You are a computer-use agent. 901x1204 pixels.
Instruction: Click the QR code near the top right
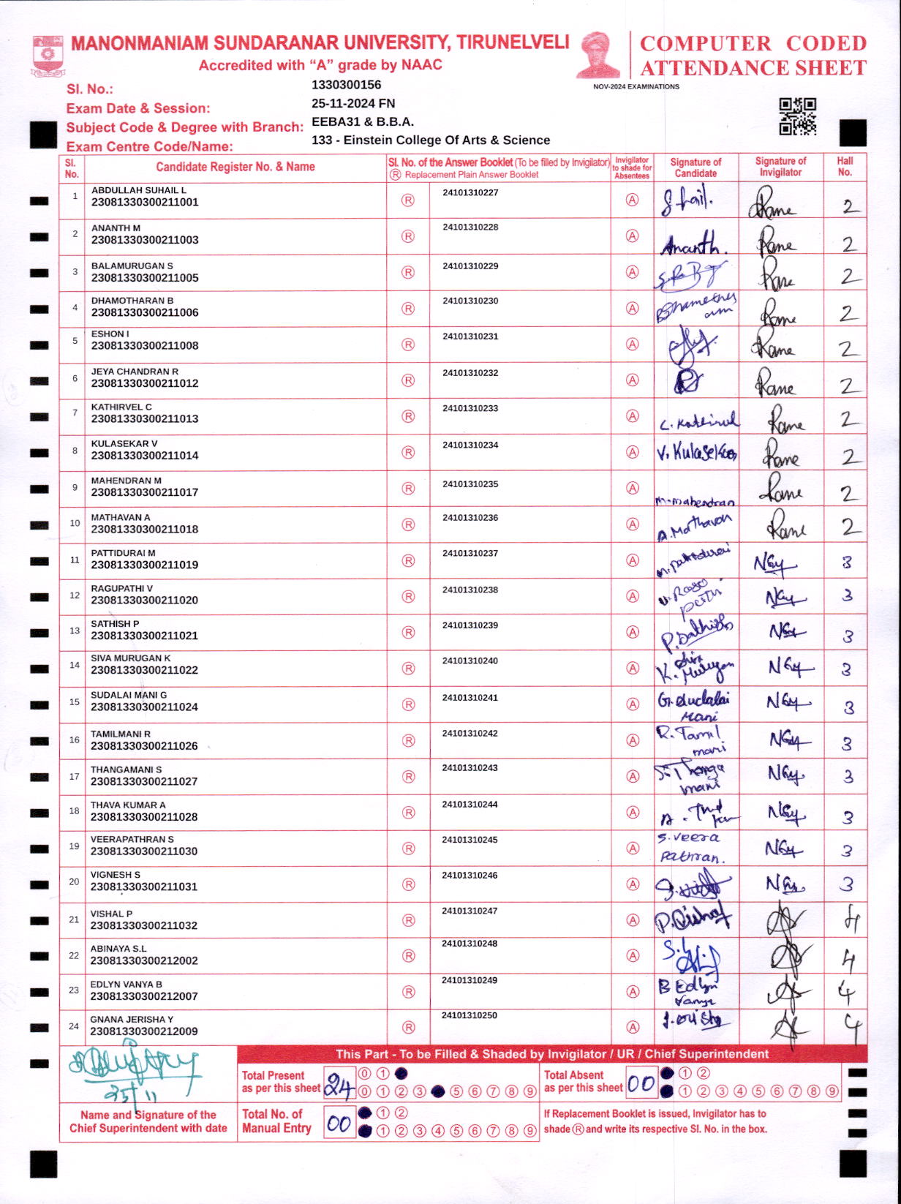(797, 117)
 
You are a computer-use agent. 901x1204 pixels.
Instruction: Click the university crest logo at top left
(48, 56)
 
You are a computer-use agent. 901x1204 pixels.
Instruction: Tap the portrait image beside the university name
(598, 55)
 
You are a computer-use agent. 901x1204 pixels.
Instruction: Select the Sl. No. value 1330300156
(346, 85)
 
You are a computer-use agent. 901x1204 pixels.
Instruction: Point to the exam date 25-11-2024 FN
(353, 103)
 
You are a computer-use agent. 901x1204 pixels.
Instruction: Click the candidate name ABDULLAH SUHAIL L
(139, 190)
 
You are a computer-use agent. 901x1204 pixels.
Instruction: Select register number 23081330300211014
(145, 456)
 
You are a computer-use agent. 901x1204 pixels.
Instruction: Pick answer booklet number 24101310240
(470, 661)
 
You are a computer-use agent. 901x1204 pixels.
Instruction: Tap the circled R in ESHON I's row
(408, 345)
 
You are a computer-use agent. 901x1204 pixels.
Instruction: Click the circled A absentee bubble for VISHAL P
(633, 920)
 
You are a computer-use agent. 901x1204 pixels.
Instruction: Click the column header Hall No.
(845, 167)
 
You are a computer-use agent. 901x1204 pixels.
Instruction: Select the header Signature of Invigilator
(780, 167)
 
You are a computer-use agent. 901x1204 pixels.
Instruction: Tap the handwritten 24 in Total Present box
(339, 1086)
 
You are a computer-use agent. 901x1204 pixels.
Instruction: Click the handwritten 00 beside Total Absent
(641, 1084)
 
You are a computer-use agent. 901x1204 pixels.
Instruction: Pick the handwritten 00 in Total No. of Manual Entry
(339, 1124)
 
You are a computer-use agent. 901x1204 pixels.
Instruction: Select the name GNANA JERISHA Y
(132, 1020)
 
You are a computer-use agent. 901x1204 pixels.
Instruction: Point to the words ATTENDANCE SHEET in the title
(753, 68)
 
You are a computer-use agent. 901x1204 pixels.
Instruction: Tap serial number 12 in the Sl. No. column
(75, 595)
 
